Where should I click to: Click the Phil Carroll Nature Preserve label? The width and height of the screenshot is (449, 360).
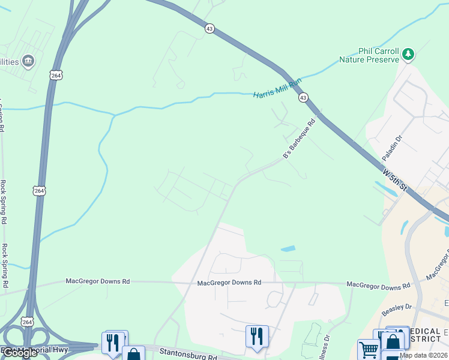click(369, 55)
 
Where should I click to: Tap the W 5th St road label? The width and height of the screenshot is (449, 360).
click(394, 179)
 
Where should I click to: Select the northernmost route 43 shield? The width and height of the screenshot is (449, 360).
click(209, 29)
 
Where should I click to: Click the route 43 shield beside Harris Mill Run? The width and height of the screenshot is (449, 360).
click(304, 97)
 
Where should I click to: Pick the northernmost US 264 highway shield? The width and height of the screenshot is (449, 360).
click(56, 75)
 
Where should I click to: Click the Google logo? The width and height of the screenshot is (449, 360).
click(20, 352)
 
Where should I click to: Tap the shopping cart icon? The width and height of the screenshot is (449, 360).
click(368, 349)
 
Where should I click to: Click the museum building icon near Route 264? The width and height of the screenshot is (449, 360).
click(28, 61)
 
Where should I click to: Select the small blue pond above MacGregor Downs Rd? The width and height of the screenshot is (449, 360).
click(288, 248)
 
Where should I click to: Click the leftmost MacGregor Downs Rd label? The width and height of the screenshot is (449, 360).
click(98, 281)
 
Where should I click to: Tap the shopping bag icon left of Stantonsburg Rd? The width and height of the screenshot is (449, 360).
click(133, 354)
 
